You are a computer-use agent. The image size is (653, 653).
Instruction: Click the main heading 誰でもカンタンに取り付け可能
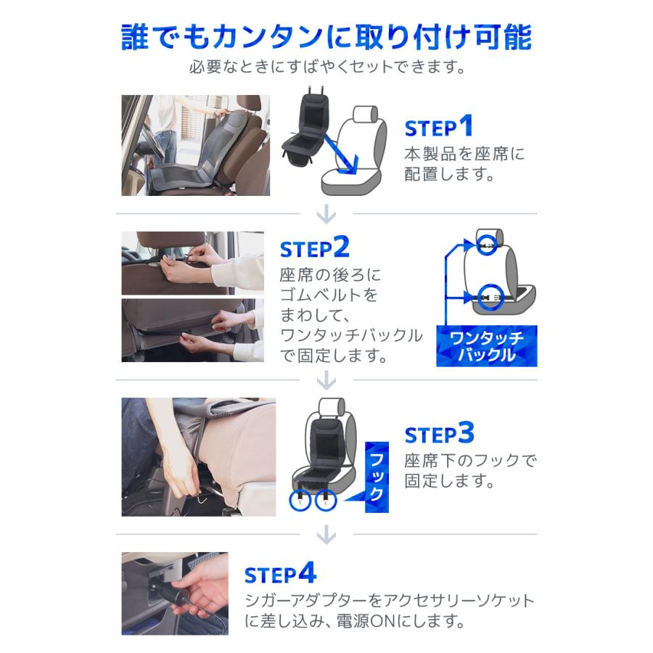pyautogui.click(x=326, y=36)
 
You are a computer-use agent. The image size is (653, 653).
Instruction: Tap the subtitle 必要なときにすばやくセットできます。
pyautogui.click(x=326, y=67)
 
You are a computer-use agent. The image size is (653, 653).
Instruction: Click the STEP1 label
pyautogui.click(x=439, y=128)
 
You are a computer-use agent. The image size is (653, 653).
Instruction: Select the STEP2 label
pyautogui.click(x=315, y=248)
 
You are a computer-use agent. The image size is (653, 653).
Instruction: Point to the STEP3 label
pyautogui.click(x=439, y=434)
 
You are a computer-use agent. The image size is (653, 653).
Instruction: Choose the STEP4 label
pyautogui.click(x=280, y=575)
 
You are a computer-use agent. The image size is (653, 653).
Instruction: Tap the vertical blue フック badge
pyautogui.click(x=377, y=477)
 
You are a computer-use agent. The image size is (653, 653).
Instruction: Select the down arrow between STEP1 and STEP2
pyautogui.click(x=326, y=214)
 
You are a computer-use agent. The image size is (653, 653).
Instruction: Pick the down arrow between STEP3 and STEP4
pyautogui.click(x=326, y=535)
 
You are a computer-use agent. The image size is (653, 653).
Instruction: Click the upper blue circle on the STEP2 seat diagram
pyautogui.click(x=488, y=245)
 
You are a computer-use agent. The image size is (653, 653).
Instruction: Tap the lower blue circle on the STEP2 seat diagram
pyautogui.click(x=488, y=295)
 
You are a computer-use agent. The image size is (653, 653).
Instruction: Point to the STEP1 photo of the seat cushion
pyautogui.click(x=195, y=145)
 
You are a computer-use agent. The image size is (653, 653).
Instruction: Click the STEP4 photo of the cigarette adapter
pyautogui.click(x=174, y=594)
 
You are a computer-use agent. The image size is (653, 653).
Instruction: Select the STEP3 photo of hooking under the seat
pyautogui.click(x=198, y=456)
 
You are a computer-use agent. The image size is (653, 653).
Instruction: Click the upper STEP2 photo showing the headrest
pyautogui.click(x=182, y=262)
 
